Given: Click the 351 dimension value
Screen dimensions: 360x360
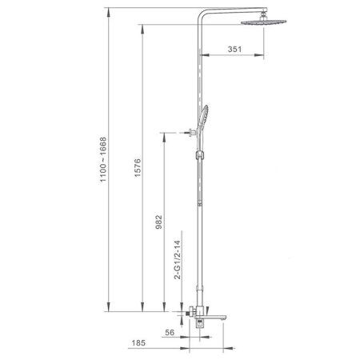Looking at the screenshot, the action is [x=234, y=49].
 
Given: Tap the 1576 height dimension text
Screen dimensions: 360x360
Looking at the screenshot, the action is [x=138, y=168].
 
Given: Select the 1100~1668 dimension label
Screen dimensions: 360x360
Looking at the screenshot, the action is [x=103, y=159].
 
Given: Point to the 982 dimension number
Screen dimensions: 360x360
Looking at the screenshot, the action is [x=158, y=222].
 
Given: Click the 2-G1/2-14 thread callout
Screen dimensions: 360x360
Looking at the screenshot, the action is [x=178, y=260].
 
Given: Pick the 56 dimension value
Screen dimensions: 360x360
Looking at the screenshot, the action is [x=170, y=333].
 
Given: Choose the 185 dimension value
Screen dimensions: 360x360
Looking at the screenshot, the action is [x=138, y=342].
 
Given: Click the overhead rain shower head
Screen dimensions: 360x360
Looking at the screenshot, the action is [x=263, y=22].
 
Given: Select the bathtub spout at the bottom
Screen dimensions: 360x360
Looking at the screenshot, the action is [x=210, y=318].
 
